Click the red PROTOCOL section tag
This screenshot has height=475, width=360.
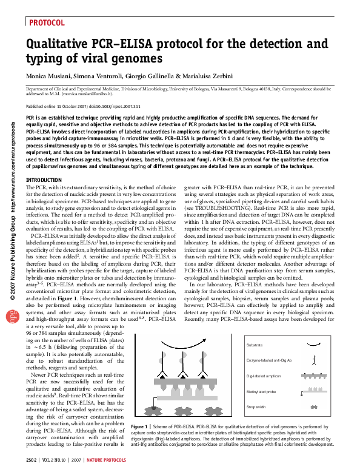[x=47, y=22]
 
